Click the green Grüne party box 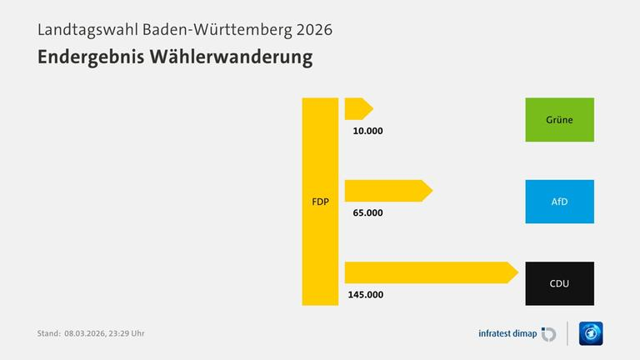coord(559,119)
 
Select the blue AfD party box coord(559,201)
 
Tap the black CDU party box coord(559,283)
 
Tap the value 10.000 coord(367,131)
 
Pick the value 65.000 coord(367,212)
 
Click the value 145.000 coord(367,294)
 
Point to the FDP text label coord(320,201)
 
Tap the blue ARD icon coord(591,333)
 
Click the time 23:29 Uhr coord(132,333)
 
